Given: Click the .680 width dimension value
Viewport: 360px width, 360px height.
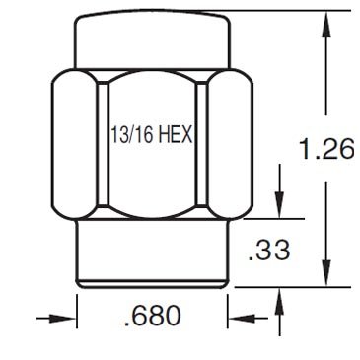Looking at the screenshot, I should [152, 317].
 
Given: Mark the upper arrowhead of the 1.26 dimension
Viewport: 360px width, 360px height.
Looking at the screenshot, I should [325, 21].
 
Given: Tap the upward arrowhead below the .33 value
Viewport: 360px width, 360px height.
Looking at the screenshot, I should [281, 296].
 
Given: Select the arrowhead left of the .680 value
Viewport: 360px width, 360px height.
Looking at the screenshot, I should [68, 318].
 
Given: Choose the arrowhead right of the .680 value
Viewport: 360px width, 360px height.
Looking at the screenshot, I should [239, 318].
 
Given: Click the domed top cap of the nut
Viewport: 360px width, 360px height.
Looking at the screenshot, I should [152, 39].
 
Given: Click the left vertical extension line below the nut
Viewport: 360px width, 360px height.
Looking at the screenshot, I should [77, 311].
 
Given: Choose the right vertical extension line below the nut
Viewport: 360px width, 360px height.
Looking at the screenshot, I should [229, 311].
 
